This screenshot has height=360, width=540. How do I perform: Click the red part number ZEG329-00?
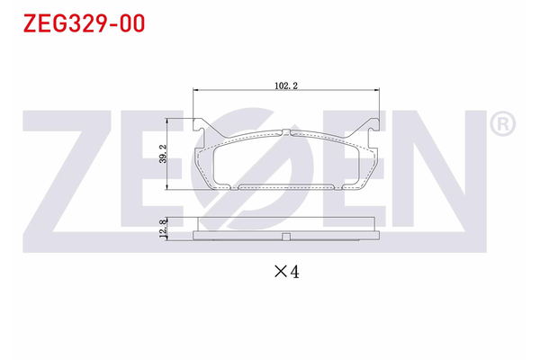click(84, 23)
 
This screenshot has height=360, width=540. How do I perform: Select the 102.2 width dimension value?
click(286, 85)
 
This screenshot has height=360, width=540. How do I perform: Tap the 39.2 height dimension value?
click(163, 154)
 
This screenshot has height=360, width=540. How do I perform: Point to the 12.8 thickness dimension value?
click(163, 229)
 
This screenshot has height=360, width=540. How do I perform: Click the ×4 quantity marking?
click(286, 272)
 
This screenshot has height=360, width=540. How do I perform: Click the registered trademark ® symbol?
click(502, 124)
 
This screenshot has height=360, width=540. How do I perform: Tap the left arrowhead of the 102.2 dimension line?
click(196, 90)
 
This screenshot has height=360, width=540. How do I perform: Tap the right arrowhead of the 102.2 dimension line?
click(376, 90)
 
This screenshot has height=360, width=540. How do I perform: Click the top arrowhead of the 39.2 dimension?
click(167, 121)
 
